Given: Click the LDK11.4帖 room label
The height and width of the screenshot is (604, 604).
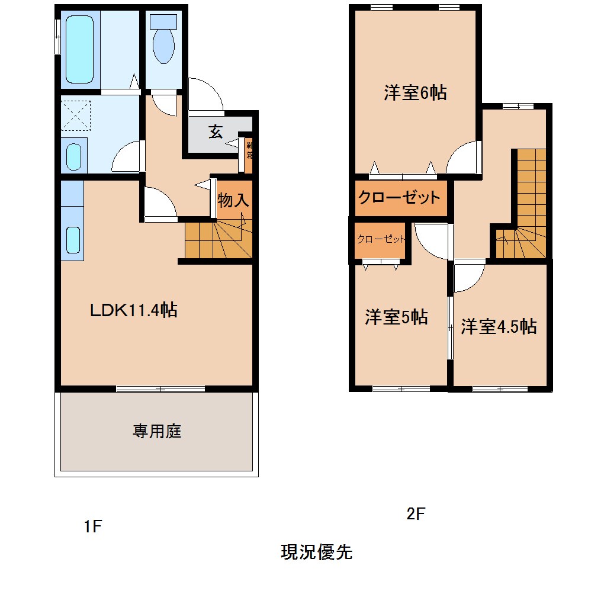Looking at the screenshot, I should [x=133, y=310].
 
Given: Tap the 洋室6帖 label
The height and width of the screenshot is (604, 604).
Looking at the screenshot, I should [x=415, y=93].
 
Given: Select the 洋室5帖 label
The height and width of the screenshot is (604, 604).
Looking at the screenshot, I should [x=396, y=317].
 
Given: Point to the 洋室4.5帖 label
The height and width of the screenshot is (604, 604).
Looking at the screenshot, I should [x=499, y=326].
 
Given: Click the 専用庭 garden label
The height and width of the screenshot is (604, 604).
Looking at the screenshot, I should [x=156, y=431].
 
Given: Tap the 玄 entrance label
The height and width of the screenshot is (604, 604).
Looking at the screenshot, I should [x=215, y=132].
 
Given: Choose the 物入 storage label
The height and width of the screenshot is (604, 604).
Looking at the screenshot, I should [x=232, y=200].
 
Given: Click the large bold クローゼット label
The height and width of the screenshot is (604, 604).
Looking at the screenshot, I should [x=400, y=197].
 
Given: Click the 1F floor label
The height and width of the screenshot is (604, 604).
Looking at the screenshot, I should [x=94, y=526].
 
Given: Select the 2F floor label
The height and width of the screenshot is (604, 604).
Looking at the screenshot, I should [x=416, y=514].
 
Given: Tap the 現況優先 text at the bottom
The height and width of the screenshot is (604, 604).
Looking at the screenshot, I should [x=316, y=552].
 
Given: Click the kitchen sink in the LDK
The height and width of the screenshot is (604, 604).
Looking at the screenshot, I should [x=72, y=240].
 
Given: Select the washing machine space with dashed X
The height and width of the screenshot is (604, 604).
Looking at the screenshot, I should [x=75, y=115].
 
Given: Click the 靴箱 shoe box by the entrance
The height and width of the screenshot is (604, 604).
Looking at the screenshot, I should [x=249, y=153].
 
